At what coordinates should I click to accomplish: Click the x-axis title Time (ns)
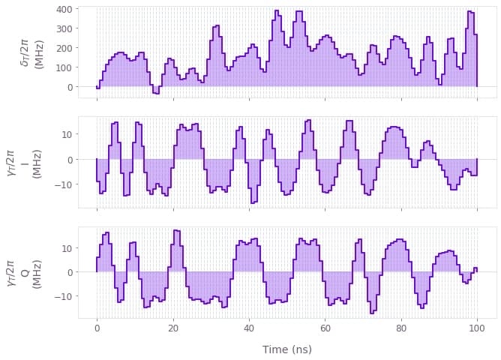point(287,349)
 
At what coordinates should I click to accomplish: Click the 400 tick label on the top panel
point(63,10)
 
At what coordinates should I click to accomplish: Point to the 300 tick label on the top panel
point(63,29)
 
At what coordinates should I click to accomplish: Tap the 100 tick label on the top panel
point(63,67)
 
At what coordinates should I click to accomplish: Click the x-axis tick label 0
point(97,329)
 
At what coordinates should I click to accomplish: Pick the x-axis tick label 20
point(173,329)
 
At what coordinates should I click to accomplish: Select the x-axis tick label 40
point(249,329)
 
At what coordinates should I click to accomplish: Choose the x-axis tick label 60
point(325,329)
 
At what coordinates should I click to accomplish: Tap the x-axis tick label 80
point(401,329)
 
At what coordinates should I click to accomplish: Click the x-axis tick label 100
point(477,329)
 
